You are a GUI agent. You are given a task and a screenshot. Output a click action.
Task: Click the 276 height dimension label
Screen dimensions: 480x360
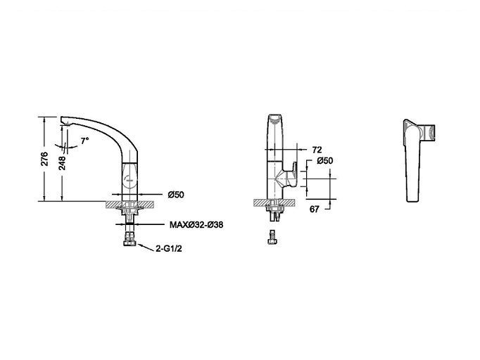pyautogui.click(x=45, y=159)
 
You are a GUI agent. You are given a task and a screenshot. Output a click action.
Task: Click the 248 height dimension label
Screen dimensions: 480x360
pyautogui.click(x=62, y=163)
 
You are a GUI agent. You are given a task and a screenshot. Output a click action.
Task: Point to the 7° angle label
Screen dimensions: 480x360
pyautogui.click(x=84, y=141)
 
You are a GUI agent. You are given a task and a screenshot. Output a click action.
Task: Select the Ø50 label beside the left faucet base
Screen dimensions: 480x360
pyautogui.click(x=176, y=195)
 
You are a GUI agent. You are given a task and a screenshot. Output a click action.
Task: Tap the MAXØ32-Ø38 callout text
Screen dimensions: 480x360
pyautogui.click(x=196, y=225)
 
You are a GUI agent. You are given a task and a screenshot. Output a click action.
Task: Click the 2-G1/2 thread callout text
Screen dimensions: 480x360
pyautogui.click(x=169, y=249)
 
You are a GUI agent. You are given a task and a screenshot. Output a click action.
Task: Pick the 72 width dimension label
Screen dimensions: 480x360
pyautogui.click(x=317, y=150)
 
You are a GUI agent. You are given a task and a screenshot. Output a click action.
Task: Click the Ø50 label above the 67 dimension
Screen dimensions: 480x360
pyautogui.click(x=325, y=160)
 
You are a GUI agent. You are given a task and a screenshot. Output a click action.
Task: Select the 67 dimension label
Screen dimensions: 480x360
pyautogui.click(x=315, y=210)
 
